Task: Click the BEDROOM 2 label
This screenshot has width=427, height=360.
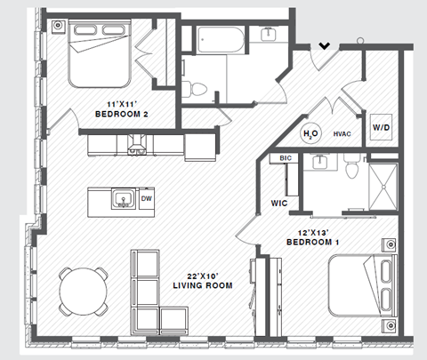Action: [121, 114]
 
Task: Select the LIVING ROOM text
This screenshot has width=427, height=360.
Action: [203, 286]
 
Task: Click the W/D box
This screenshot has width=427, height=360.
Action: [382, 127]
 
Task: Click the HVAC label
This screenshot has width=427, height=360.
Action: [344, 134]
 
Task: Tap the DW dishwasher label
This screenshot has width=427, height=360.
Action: [147, 199]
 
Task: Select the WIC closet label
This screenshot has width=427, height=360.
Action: [278, 203]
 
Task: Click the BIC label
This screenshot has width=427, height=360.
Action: [286, 158]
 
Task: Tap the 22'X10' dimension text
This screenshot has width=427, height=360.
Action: [203, 275]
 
